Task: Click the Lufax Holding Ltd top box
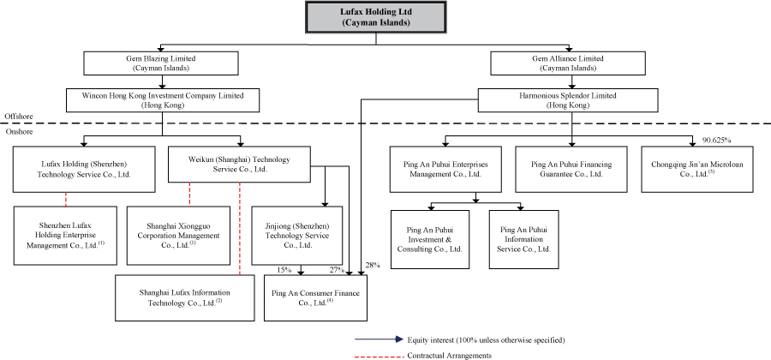point(376,17)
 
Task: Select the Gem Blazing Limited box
point(161,63)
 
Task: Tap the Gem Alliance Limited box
point(568,63)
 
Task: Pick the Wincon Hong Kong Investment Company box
point(162,100)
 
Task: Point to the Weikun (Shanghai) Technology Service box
point(240,164)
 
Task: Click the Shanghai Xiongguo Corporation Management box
point(178,236)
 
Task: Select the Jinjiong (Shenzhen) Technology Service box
point(297,236)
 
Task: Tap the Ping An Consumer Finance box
point(315,297)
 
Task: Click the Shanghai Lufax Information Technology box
point(185,297)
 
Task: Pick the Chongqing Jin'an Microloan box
point(696,169)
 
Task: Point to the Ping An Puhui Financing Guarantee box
point(571,169)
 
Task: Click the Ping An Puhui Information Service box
point(523,239)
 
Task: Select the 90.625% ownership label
point(716,141)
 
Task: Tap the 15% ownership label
point(284,269)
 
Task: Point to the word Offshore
point(19,116)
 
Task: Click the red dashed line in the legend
point(380,355)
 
